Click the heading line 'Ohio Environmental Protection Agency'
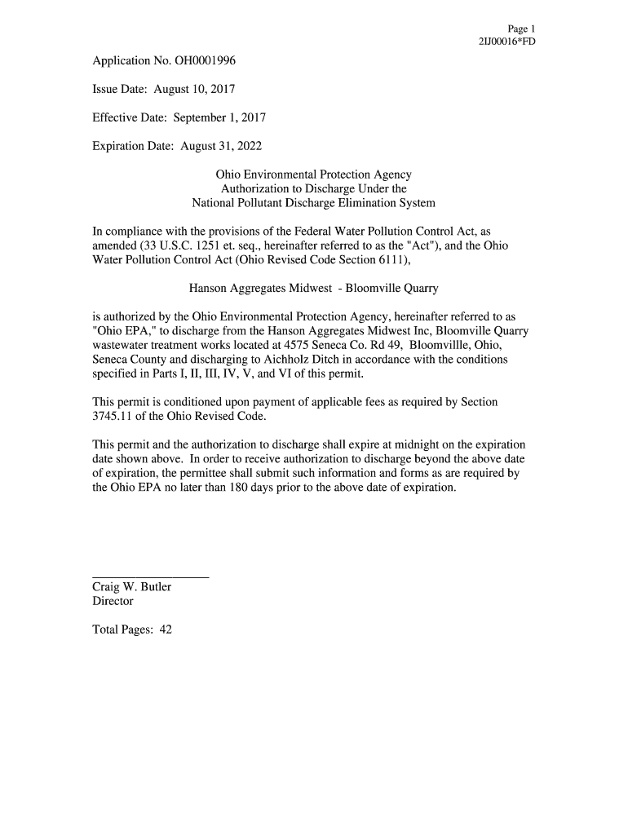[313, 175]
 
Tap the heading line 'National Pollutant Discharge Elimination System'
[313, 202]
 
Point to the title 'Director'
[113, 601]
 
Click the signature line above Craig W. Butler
[151, 576]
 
